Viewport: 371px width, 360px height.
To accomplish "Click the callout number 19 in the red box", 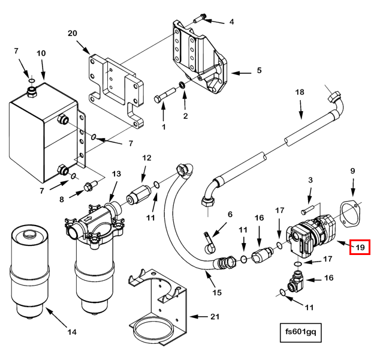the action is (360, 247).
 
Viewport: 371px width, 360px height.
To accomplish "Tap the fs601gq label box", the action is (300, 332).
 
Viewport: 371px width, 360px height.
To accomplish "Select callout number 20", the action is (73, 33).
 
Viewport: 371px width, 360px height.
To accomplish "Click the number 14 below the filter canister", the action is (72, 332).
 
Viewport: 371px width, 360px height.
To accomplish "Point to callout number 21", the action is (215, 317).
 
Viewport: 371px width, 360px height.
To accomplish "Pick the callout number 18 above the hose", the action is (300, 92).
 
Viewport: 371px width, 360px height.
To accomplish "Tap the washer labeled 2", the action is (182, 85).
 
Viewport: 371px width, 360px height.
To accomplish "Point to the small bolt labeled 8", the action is (90, 187).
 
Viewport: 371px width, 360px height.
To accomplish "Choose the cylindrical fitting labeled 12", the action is (138, 194).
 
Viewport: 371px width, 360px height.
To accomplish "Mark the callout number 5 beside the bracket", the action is (260, 70).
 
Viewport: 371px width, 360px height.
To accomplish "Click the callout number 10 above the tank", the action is (41, 53).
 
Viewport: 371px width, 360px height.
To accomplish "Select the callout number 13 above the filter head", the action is (116, 174).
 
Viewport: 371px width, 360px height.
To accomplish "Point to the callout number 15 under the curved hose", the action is (217, 293).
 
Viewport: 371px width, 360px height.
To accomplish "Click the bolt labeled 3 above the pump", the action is (307, 210).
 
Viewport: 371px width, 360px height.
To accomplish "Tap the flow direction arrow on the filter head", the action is (88, 219).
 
